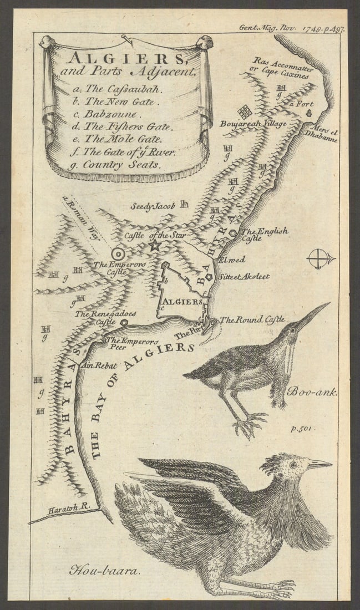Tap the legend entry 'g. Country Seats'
113,165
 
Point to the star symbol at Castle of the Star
154,245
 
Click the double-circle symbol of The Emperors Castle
118,254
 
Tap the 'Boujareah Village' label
252,124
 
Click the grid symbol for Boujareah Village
245,111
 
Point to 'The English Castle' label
265,235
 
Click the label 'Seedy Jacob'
153,206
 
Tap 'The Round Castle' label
252,319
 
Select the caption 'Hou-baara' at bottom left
103,570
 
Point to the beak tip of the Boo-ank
329,303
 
